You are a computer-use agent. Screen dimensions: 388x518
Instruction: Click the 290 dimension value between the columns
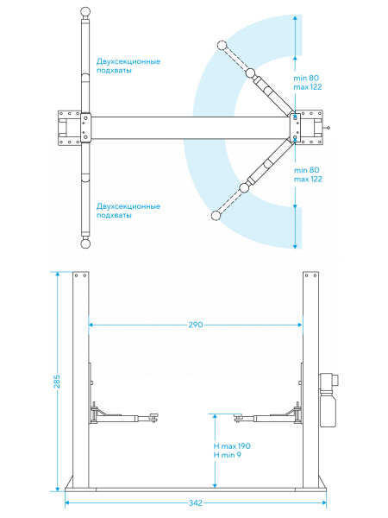pos(196,325)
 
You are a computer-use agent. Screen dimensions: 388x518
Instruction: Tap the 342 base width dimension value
pos(196,503)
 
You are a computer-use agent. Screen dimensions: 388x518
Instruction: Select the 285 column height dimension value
pos(57,382)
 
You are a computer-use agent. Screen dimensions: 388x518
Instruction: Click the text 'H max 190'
pos(232,446)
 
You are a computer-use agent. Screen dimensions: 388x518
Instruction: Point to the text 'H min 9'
pos(228,455)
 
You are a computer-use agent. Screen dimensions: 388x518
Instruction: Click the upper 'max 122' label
pos(308,87)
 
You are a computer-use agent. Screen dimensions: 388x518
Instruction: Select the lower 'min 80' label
pos(306,170)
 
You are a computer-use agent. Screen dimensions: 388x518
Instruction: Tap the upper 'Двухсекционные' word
pos(128,61)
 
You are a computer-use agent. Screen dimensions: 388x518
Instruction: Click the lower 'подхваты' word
pos(114,215)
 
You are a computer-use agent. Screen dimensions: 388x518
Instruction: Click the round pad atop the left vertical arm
pos(85,11)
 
